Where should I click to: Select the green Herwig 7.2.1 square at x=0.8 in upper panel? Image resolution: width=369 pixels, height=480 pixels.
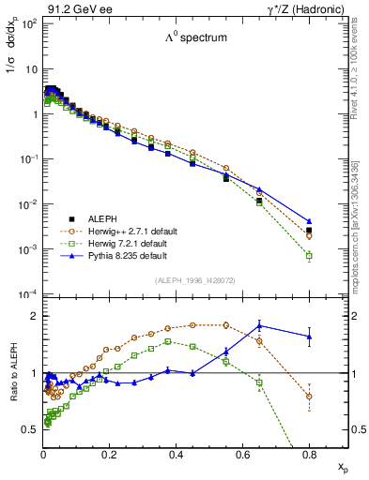(x=309, y=255)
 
